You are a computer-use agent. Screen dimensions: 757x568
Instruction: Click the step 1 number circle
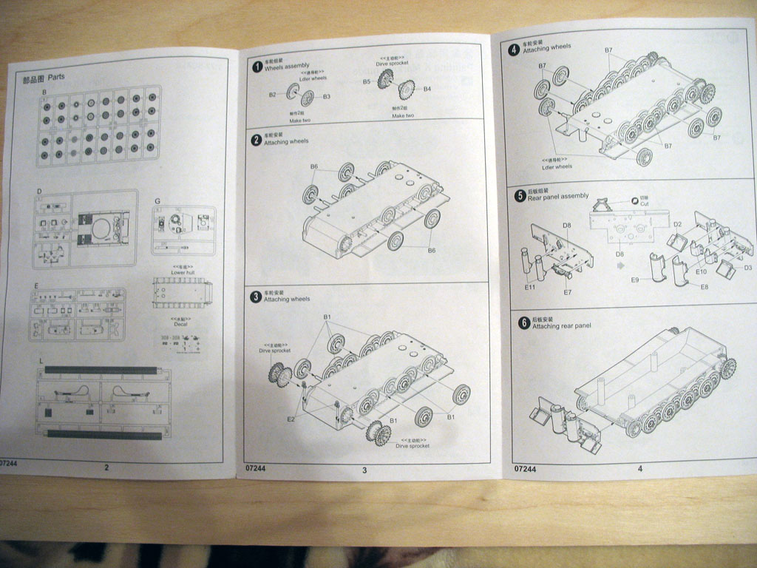point(257,67)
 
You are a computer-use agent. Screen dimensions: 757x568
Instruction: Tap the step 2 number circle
point(257,139)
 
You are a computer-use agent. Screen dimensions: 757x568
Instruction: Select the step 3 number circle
point(256,297)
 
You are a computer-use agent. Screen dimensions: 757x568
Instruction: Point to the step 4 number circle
point(515,50)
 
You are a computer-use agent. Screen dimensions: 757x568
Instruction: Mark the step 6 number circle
point(523,323)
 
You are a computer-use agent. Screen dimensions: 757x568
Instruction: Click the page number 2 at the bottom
point(106,467)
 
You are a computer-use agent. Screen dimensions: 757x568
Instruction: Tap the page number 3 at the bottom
point(364,470)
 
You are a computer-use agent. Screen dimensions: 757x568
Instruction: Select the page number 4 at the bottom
point(640,468)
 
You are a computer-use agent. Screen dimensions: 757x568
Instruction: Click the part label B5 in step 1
point(367,82)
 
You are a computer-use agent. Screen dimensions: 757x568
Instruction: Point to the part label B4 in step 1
point(427,89)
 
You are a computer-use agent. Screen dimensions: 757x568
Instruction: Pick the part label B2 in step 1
point(272,95)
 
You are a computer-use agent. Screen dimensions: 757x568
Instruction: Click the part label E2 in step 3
point(291,419)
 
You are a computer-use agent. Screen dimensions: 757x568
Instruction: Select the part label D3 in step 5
point(747,268)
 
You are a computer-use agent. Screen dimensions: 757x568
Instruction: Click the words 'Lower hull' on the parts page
point(182,272)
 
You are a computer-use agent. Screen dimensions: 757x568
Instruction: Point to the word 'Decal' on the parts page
point(180,324)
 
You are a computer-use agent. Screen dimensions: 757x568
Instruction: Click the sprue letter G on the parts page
point(157,201)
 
